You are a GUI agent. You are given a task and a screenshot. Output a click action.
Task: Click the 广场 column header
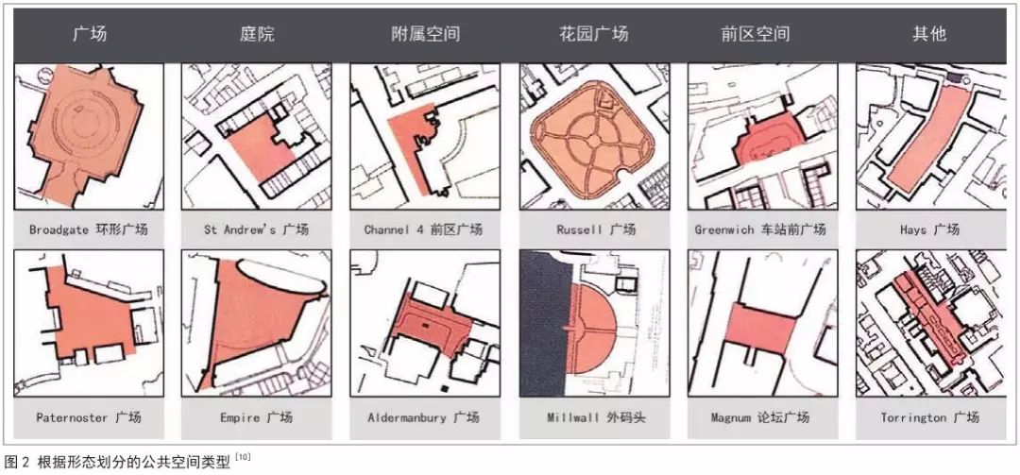click(89, 34)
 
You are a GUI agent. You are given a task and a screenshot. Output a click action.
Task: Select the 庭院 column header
click(257, 34)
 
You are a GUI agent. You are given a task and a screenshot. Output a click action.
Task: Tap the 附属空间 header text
click(425, 34)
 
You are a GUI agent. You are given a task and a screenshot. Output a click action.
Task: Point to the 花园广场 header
click(594, 34)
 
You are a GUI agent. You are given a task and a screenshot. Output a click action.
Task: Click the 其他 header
click(929, 34)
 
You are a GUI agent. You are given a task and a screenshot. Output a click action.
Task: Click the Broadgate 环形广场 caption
click(89, 229)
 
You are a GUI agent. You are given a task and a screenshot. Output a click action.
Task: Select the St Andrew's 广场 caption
click(256, 229)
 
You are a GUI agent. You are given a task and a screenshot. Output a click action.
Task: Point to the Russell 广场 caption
click(593, 229)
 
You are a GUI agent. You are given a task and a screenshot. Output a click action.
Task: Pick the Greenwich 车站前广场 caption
click(760, 229)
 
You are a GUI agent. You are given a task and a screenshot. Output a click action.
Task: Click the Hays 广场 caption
click(929, 229)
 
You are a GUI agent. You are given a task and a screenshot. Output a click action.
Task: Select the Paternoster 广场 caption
click(89, 417)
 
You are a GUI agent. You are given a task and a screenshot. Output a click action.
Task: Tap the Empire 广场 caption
click(256, 417)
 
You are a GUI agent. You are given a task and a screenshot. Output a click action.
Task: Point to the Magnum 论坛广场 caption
click(760, 417)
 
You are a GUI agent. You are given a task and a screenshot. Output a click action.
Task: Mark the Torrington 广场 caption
click(929, 417)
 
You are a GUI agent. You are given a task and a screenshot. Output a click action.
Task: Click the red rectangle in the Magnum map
click(759, 329)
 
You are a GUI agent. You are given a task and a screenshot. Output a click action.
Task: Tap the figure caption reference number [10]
click(244, 457)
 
